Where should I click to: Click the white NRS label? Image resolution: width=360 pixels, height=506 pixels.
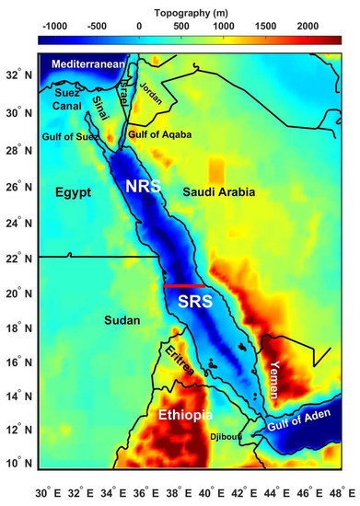[x=144, y=187]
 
